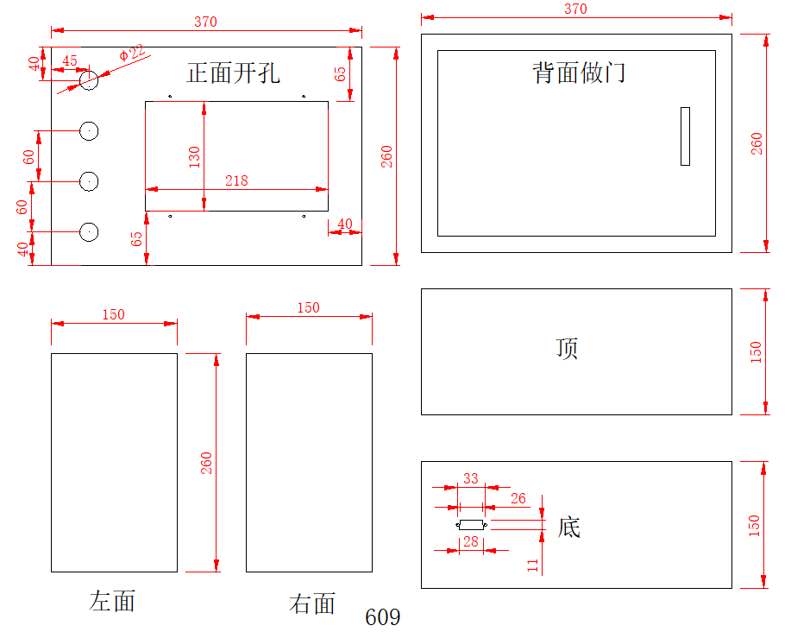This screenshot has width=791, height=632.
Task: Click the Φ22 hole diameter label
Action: pos(132,54)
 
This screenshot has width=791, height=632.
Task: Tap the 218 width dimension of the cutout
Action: pos(236,180)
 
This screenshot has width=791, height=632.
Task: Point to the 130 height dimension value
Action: pos(195,155)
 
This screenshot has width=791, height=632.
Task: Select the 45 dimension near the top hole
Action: pos(70,61)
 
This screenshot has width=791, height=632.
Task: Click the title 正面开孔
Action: pos(233,73)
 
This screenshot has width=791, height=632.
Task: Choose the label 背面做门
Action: pos(579,73)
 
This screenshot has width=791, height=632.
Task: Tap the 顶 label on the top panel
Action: pos(567,348)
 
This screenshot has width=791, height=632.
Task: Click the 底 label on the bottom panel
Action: pos(568,527)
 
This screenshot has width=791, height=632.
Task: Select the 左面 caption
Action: pos(112,601)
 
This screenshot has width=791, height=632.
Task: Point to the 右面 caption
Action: pos(311,604)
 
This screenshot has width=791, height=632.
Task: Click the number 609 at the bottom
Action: pos(382,617)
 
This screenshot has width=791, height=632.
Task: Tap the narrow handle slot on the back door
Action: pos(685,136)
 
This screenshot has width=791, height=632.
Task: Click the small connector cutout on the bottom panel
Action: pos(471,525)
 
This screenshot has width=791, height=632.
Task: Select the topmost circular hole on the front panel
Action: pos(89,80)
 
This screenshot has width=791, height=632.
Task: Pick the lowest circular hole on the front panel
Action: pos(89,231)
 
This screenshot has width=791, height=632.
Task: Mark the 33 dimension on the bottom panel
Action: pos(471,478)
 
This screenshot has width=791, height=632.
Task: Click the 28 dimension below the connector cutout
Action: pos(470,541)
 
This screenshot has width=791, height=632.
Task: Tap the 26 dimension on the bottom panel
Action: pos(518,498)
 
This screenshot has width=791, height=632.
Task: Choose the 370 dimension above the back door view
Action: pos(575,9)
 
